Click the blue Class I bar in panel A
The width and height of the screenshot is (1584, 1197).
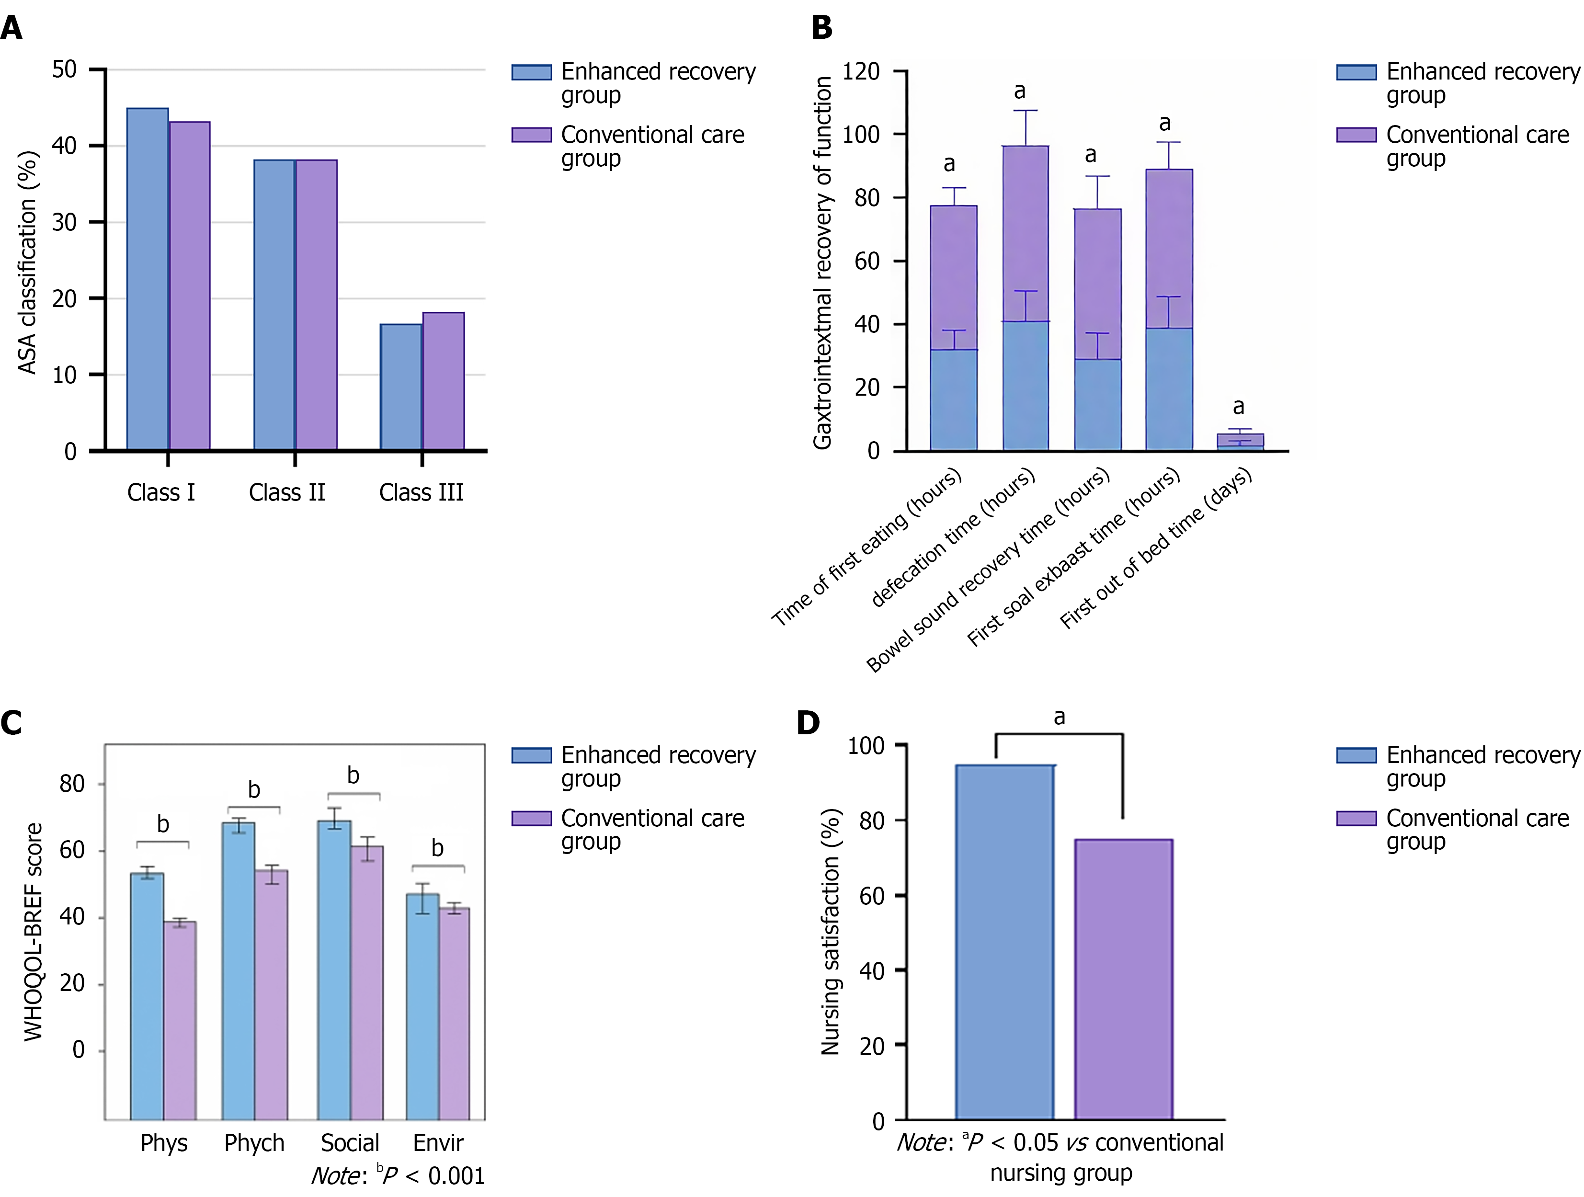point(148,279)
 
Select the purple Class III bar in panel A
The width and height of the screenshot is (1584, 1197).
point(443,381)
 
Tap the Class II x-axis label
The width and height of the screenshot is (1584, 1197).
point(287,492)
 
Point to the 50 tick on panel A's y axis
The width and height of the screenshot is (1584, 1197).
point(65,69)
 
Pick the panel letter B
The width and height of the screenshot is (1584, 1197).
point(822,27)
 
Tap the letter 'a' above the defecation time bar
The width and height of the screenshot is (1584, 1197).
point(1020,91)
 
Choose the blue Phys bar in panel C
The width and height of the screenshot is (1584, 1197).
point(147,995)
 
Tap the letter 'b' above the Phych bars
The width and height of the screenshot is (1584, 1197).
point(253,790)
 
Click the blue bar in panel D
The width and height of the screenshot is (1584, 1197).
point(1005,941)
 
